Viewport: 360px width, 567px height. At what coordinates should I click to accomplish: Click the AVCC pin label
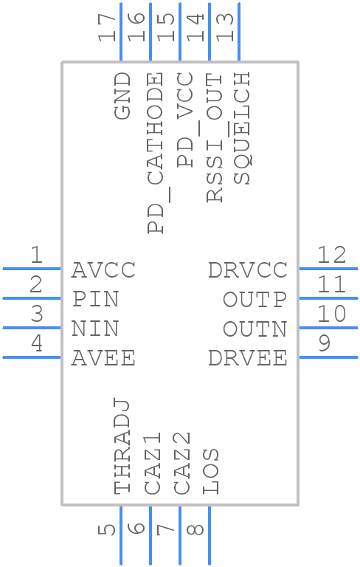pos(103,270)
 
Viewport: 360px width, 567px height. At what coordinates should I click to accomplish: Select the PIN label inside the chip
pos(95,300)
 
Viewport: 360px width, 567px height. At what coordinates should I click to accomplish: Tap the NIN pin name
pos(95,329)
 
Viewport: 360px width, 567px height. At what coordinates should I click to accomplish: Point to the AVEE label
pos(103,358)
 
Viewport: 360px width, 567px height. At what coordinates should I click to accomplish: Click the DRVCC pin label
pos(248,270)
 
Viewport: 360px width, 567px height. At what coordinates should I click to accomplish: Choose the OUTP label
pos(255,300)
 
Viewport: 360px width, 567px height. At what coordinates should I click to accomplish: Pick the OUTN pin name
pos(255,329)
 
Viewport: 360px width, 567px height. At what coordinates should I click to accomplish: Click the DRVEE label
pos(248,358)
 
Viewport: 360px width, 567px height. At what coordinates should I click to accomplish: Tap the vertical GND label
pos(122,96)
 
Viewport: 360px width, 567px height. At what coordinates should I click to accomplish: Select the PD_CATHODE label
pos(156,154)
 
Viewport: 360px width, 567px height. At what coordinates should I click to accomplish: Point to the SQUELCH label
pos(241,128)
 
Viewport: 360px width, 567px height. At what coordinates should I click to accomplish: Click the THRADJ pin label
pos(122,446)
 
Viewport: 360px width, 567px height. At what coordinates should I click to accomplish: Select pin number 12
pos(332,255)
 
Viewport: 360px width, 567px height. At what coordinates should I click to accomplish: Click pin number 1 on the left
pos(35,255)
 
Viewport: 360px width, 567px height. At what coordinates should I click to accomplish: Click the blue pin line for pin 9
pos(328,357)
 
